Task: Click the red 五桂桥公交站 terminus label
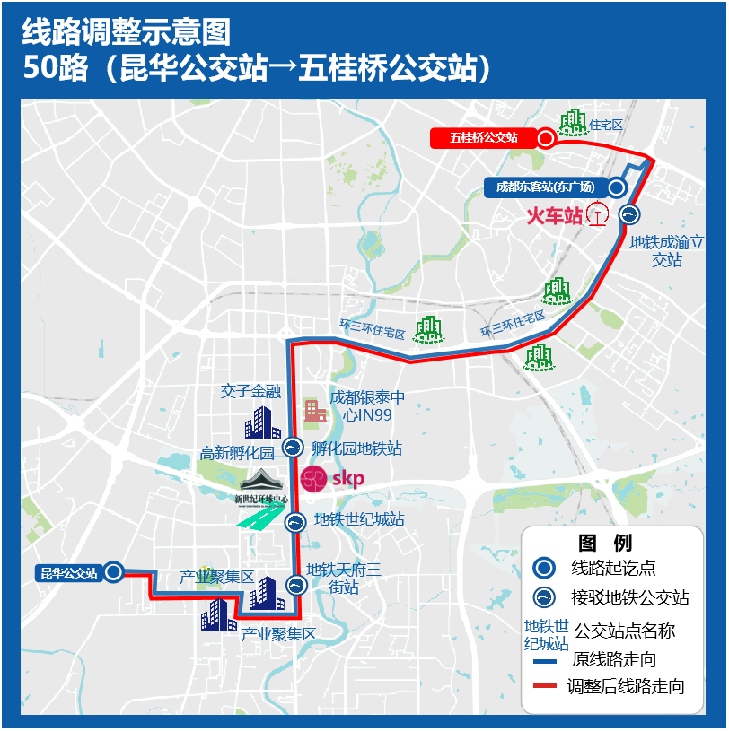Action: pyautogui.click(x=483, y=138)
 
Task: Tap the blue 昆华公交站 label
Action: pyautogui.click(x=69, y=572)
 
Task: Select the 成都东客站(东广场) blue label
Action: pyautogui.click(x=545, y=187)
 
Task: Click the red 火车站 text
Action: pyautogui.click(x=554, y=215)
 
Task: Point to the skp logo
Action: pyautogui.click(x=333, y=479)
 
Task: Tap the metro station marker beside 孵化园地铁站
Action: pyautogui.click(x=293, y=448)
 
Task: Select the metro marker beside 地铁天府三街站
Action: pyautogui.click(x=296, y=586)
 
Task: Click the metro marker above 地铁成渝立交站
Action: pyautogui.click(x=630, y=214)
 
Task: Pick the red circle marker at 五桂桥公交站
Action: pyautogui.click(x=546, y=138)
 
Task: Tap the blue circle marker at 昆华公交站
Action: pyautogui.click(x=113, y=571)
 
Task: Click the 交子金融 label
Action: pyautogui.click(x=250, y=391)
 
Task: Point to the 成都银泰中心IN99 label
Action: pyautogui.click(x=367, y=405)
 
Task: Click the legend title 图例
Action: pyautogui.click(x=605, y=543)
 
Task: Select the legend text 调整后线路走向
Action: pyautogui.click(x=626, y=687)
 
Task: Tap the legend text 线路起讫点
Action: pyautogui.click(x=613, y=568)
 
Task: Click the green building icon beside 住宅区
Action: pyautogui.click(x=571, y=122)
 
